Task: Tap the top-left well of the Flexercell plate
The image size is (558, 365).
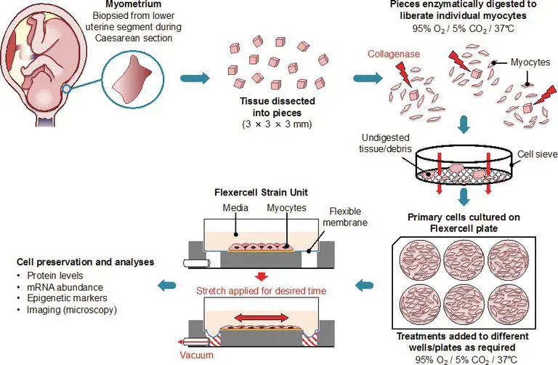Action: [429, 261]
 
